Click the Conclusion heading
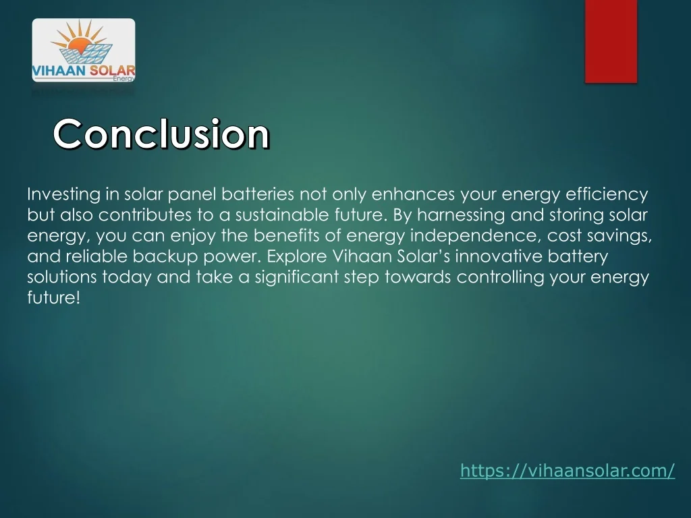point(162,134)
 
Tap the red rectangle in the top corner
point(611,41)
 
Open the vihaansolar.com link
point(567,471)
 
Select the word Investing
point(63,195)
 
